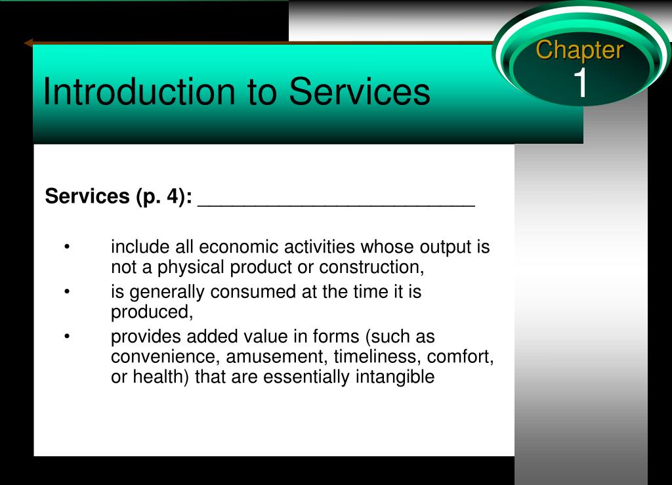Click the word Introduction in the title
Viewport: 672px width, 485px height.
[x=140, y=91]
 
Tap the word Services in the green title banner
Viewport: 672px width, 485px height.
[x=360, y=91]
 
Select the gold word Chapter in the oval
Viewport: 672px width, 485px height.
[x=579, y=51]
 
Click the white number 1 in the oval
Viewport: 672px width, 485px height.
[x=581, y=82]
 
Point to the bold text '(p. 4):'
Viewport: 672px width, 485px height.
[x=164, y=197]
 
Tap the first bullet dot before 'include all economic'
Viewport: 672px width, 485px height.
[x=67, y=247]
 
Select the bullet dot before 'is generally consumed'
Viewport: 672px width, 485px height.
[x=67, y=292]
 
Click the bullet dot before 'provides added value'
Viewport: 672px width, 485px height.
[x=67, y=336]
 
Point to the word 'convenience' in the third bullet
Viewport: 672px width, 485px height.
[x=165, y=357]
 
